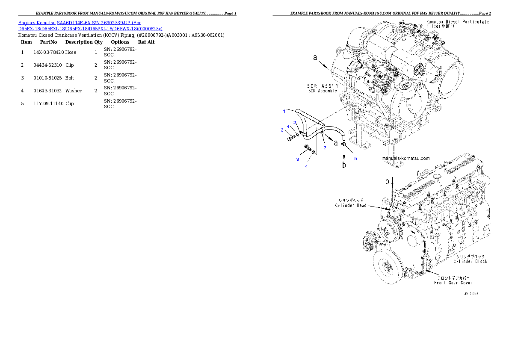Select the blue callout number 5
tap(355, 158)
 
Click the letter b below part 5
tap(344, 165)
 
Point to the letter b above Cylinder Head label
tap(387, 181)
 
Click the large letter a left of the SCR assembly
tap(316, 58)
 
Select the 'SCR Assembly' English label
tap(323, 91)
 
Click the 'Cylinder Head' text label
tap(350, 205)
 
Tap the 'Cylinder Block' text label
tap(470, 261)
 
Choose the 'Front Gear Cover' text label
tap(453, 283)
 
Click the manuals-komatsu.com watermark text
tap(405, 158)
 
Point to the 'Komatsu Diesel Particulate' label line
tap(457, 21)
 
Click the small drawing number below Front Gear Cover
tap(471, 294)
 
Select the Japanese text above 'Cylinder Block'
tap(470, 256)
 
